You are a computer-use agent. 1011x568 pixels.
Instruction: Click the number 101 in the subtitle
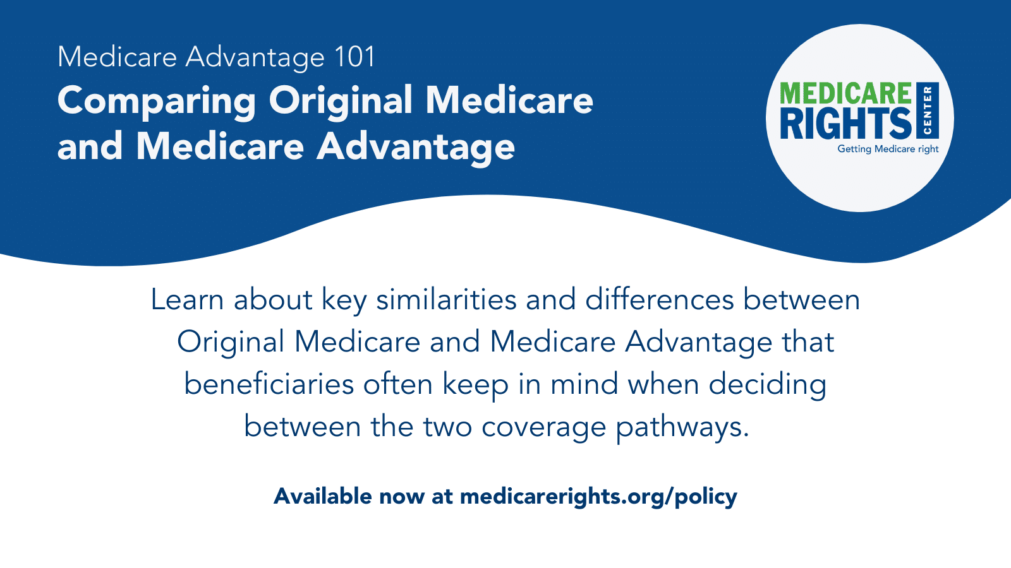pos(355,57)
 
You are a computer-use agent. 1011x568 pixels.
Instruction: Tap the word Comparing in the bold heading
pos(157,101)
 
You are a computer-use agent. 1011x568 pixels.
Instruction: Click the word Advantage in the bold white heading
pos(416,146)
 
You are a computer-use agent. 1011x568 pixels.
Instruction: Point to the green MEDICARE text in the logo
pos(845,93)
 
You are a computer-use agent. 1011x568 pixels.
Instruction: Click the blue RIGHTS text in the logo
pos(845,123)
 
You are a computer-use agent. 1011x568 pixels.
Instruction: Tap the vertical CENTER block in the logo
pos(927,110)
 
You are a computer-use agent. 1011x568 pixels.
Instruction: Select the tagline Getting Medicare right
pos(888,149)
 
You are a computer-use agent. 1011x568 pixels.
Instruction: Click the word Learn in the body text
pos(187,299)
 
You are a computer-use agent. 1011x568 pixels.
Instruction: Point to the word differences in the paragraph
pos(659,299)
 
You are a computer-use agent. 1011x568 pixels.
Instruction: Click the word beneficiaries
pos(269,384)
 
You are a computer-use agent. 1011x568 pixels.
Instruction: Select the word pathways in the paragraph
pos(682,427)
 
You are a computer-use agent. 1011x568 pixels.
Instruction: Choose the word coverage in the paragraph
pos(543,427)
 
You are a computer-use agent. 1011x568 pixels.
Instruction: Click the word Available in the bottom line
pos(322,496)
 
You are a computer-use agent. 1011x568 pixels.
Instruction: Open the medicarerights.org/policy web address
pos(598,496)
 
